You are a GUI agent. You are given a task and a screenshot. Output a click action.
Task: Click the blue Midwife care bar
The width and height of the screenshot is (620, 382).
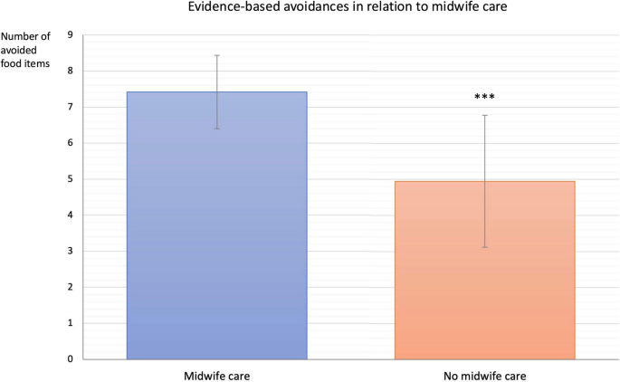pos(217,225)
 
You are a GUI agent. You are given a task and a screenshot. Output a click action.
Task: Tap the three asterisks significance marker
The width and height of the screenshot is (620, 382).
pos(484,97)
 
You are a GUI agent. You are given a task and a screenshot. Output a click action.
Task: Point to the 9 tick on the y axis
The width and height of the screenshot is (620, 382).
pos(71,35)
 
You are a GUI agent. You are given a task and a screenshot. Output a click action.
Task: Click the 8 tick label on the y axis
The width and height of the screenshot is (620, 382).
pos(71,72)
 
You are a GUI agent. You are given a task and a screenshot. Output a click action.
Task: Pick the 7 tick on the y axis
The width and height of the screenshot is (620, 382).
pos(71,108)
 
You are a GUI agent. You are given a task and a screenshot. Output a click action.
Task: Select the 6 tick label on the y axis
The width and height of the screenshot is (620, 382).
pos(71,143)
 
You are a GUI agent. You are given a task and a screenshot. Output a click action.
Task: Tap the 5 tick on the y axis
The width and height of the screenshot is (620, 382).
pos(71,179)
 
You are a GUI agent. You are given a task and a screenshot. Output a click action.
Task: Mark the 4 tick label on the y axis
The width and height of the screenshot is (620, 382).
pos(71,215)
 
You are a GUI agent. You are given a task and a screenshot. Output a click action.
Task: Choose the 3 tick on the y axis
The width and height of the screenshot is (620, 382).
pos(71,252)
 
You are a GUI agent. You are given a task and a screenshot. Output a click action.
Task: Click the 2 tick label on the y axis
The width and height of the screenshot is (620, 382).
pos(71,288)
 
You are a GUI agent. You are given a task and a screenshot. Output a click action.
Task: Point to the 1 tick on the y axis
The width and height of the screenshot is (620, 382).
pos(71,323)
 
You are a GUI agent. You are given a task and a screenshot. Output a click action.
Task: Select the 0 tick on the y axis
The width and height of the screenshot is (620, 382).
pos(71,359)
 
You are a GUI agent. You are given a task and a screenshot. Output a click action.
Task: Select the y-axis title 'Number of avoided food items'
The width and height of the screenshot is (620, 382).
pos(26,50)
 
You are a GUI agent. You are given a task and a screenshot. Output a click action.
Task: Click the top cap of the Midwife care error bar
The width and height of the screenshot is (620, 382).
pos(217,55)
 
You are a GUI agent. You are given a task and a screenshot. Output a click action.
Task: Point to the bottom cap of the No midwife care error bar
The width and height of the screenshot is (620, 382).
pos(484,247)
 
